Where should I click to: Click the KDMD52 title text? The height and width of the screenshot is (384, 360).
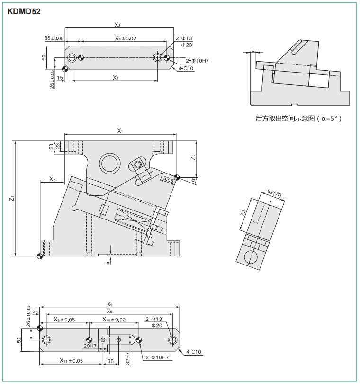[24, 11]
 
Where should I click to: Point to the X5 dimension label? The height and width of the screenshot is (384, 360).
[116, 77]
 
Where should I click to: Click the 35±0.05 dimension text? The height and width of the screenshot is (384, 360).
[54, 38]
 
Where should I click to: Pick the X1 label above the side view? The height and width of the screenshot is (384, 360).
[120, 131]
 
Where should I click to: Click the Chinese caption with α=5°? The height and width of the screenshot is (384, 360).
[298, 119]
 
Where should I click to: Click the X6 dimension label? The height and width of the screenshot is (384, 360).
[110, 304]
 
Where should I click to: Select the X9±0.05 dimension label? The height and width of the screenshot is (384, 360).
[64, 320]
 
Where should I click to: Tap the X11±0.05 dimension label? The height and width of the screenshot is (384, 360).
[72, 361]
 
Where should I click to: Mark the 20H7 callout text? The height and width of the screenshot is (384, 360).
[90, 347]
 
